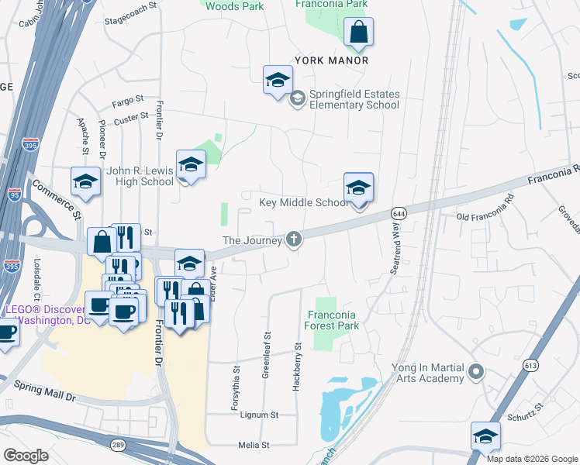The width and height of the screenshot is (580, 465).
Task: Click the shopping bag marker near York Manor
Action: tap(358, 33)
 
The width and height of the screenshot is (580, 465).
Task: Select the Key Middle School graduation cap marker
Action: tap(358, 189)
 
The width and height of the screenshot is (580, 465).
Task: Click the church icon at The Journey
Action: tap(293, 239)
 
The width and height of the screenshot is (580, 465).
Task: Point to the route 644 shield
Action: tap(399, 213)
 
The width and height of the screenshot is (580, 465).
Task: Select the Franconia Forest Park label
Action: tap(331, 320)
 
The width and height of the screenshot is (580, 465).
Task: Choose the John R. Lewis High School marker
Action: tap(190, 166)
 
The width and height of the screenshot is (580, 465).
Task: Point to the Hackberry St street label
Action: tap(297, 367)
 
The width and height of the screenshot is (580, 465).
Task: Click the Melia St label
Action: tap(253, 446)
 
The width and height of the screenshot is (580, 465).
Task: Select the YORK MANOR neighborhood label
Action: tap(331, 60)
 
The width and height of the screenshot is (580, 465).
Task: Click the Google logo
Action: tap(26, 455)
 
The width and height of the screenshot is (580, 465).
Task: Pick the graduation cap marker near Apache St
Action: tap(85, 183)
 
